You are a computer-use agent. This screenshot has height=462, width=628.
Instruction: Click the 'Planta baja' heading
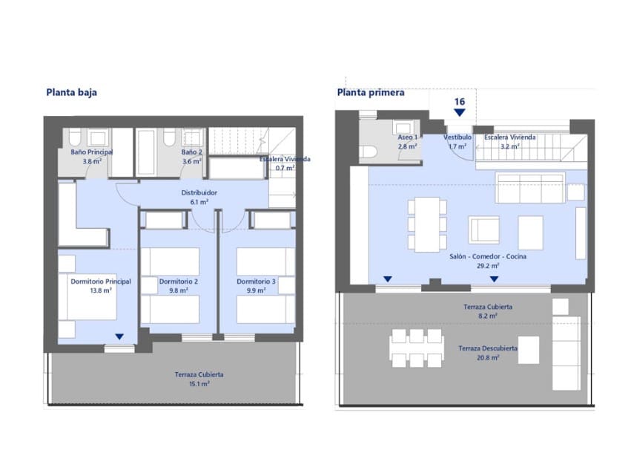[x=72, y=93]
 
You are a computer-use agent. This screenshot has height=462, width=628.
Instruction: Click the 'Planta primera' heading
[x=371, y=93]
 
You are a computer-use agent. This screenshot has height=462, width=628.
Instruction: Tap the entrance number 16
[x=460, y=101]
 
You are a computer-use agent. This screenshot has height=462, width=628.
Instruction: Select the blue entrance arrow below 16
[x=460, y=112]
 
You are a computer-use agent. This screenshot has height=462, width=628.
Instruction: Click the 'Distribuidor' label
[x=199, y=192]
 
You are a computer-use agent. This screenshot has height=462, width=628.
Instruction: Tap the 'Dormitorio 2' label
[x=178, y=282]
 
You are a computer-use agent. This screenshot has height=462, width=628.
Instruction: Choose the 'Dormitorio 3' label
[x=257, y=282]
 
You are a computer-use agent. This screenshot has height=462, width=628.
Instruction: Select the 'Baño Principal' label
[x=86, y=152]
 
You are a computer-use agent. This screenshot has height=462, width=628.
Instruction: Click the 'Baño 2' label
[x=192, y=152]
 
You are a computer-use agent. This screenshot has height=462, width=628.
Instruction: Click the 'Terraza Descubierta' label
[x=488, y=348]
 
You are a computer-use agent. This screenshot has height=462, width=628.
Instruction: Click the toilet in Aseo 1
[x=368, y=152]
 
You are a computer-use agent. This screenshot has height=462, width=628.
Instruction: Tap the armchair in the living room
[x=483, y=230]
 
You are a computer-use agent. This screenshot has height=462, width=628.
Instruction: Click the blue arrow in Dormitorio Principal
[x=119, y=336]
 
